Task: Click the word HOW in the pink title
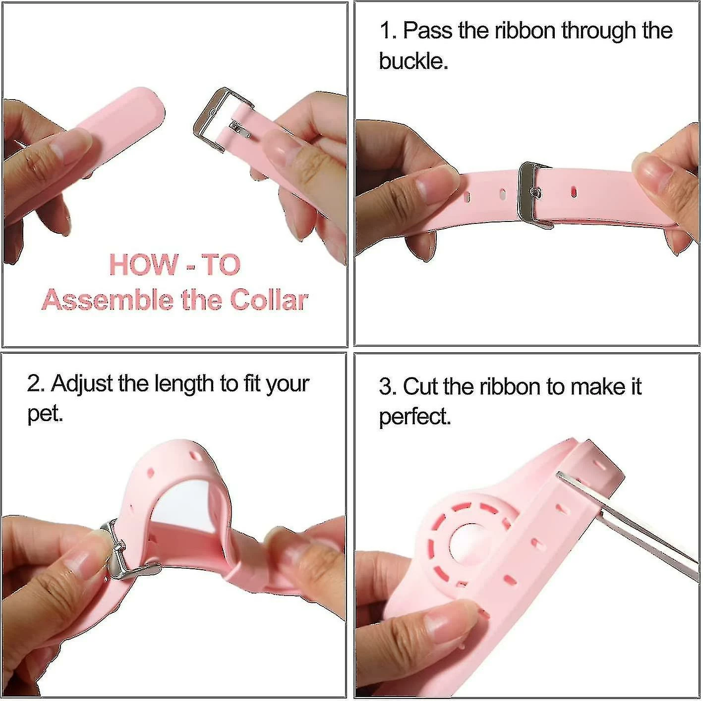pos(143,265)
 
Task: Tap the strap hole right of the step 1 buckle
pos(574,192)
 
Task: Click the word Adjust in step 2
pos(82,383)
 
